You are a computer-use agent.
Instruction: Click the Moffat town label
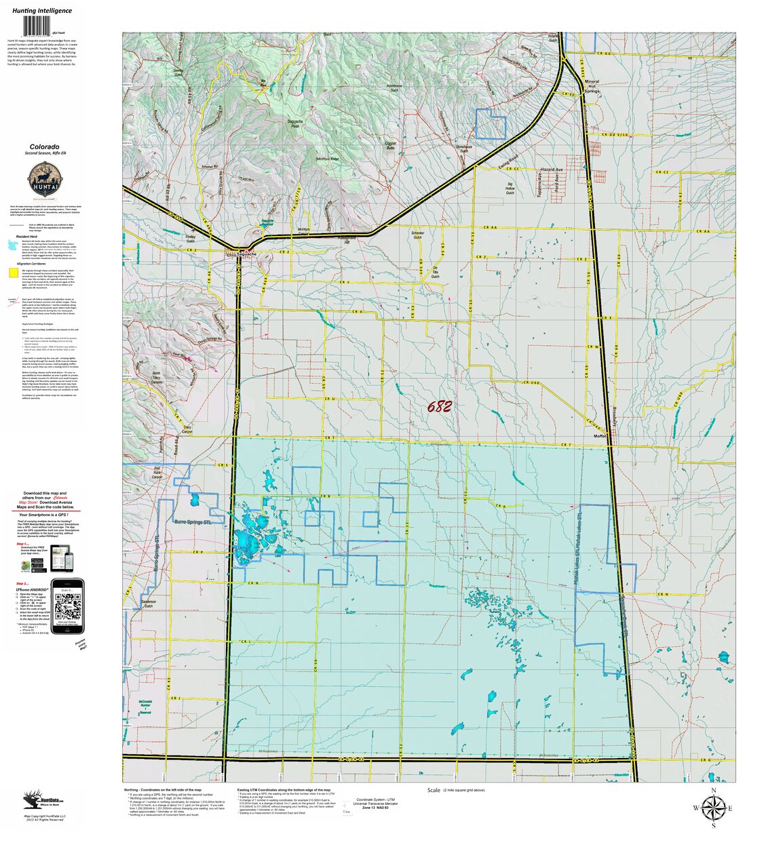[x=600, y=436]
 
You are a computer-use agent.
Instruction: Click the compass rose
[x=713, y=808]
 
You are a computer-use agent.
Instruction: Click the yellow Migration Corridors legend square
[x=13, y=273]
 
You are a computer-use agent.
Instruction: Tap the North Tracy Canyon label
[x=156, y=378]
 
